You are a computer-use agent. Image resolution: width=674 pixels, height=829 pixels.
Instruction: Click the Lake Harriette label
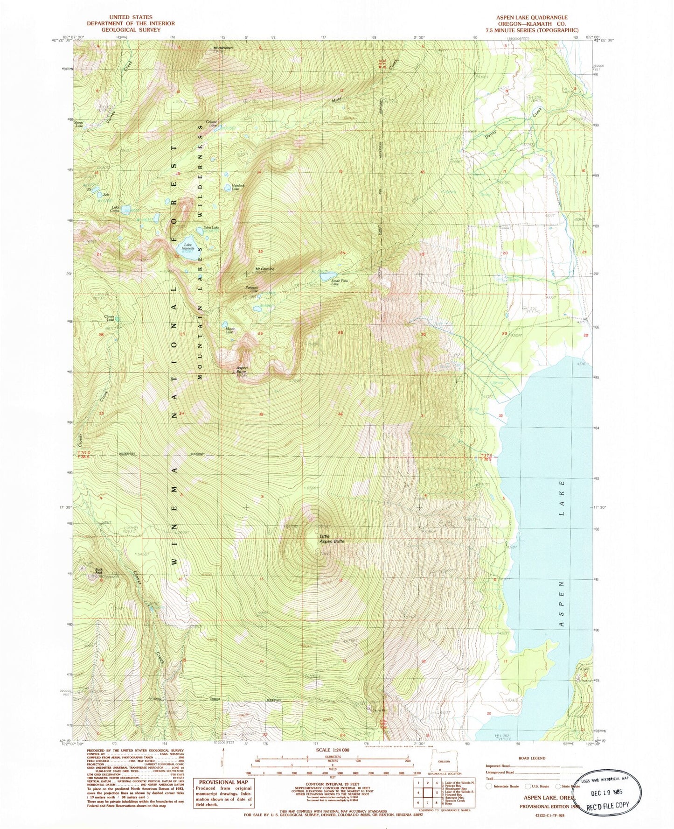(x=188, y=246)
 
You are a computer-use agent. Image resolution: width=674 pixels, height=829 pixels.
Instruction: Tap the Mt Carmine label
(x=264, y=269)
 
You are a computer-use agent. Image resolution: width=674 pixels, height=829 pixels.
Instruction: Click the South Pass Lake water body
(x=328, y=275)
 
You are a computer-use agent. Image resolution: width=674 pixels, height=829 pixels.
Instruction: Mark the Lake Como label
(x=116, y=209)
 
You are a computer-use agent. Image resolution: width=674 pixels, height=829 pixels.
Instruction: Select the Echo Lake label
(x=211, y=227)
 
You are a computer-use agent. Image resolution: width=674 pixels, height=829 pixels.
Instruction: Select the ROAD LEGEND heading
(x=531, y=759)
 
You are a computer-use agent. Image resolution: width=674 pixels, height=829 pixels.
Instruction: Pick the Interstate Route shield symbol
(x=488, y=786)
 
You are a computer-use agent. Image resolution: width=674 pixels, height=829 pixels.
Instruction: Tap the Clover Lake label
(x=110, y=318)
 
